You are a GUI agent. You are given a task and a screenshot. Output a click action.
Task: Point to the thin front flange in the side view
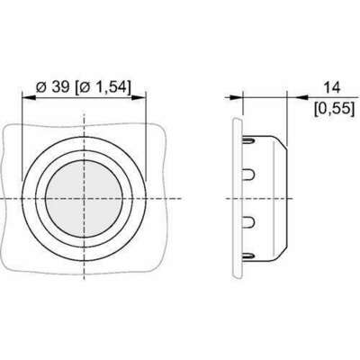click(x=238, y=196)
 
